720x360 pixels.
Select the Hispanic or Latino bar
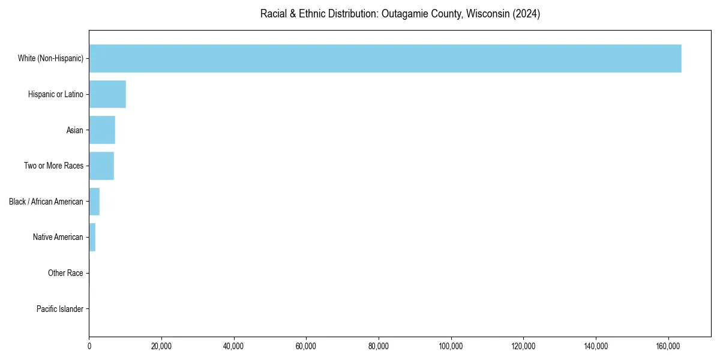click(107, 94)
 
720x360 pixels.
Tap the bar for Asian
click(102, 130)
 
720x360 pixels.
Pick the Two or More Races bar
click(101, 166)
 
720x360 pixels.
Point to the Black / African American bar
click(94, 202)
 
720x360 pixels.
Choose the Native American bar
click(92, 237)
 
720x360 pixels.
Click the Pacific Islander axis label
click(60, 309)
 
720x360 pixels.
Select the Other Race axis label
click(65, 273)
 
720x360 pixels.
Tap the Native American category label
click(58, 237)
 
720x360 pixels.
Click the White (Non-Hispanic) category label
click(50, 58)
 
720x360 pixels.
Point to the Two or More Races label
click(53, 166)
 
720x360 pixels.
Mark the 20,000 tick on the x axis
click(161, 346)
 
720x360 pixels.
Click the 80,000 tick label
click(379, 346)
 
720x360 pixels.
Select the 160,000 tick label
click(668, 346)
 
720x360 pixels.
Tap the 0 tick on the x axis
click(89, 346)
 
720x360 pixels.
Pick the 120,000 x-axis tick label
click(523, 346)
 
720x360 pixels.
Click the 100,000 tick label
click(451, 346)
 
